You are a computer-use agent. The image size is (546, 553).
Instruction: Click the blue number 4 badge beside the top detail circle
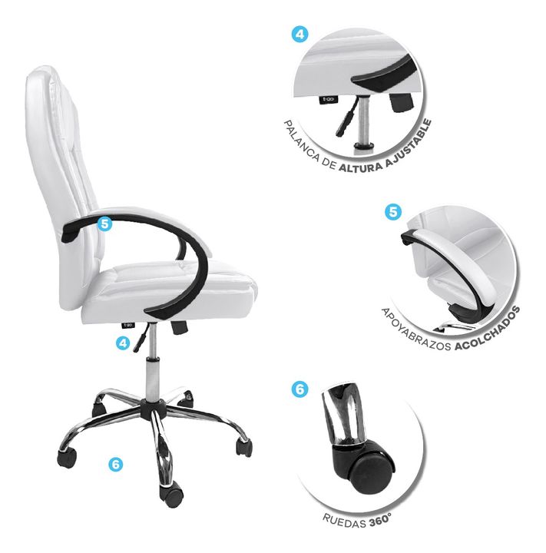pos(299,35)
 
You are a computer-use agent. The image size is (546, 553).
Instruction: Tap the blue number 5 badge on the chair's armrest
pos(104,224)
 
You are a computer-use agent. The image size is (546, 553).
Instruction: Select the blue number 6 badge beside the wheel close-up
pos(299,389)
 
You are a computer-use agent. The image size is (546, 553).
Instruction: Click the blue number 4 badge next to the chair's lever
pos(123,343)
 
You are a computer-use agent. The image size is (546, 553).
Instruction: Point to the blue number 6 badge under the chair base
pos(116,464)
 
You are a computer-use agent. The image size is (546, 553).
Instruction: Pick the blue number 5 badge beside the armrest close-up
pos(393,212)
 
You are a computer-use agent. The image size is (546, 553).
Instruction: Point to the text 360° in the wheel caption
pos(380,521)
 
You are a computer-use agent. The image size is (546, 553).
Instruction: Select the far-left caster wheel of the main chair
pos(66,458)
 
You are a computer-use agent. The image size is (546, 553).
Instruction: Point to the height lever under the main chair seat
pos(141,338)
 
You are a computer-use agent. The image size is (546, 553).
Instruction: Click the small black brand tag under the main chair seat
pos(127,325)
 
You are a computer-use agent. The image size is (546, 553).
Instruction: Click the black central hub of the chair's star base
pos(153,409)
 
